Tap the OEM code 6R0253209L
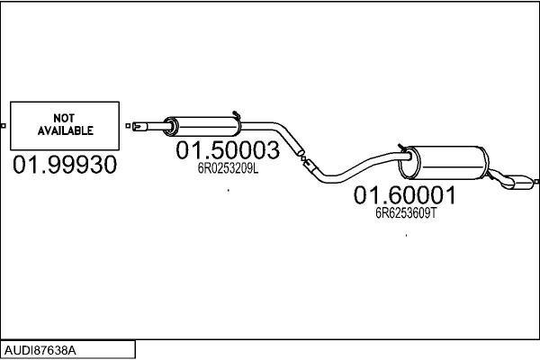coord(228,167)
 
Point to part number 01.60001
coord(405,195)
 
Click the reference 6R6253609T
coord(406,213)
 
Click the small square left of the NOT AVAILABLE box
coord(4,125)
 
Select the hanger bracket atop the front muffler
coord(235,113)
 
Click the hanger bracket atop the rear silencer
coord(403,145)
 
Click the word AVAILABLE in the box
coord(65,130)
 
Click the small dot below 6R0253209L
coord(229,190)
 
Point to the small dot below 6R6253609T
coord(407,236)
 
